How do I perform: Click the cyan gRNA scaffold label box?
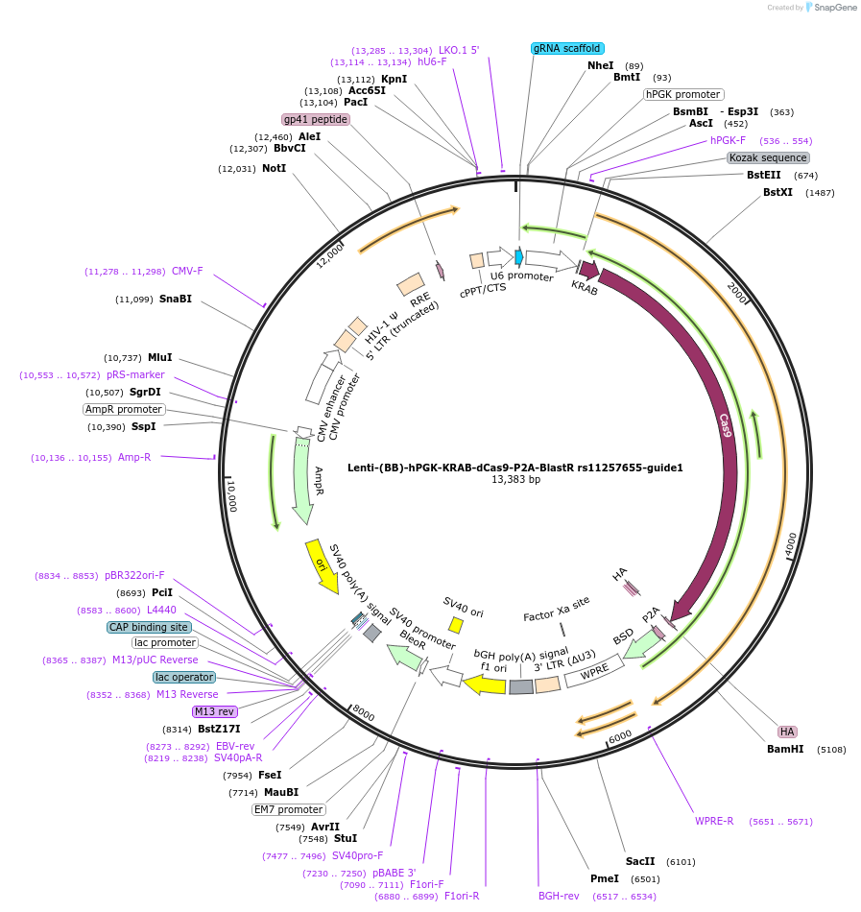[x=566, y=48]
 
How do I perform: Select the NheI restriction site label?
[x=600, y=65]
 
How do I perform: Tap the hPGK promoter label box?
[x=683, y=95]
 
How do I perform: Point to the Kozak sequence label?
[x=768, y=157]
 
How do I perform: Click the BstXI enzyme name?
[x=777, y=193]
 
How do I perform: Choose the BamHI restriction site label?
[x=785, y=749]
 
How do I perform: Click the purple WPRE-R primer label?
[x=714, y=821]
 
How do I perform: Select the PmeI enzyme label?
[x=605, y=878]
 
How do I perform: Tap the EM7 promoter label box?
[x=288, y=809]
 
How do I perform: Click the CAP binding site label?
[x=149, y=627]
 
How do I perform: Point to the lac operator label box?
[x=184, y=677]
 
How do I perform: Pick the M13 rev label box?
[x=214, y=711]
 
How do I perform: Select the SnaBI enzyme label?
[x=176, y=299]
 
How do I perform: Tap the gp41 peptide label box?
[x=315, y=120]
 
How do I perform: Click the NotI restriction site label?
[x=274, y=168]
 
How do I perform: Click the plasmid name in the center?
[x=515, y=468]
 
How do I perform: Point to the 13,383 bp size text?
[x=515, y=479]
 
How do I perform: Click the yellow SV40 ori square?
[x=456, y=625]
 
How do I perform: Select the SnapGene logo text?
[x=832, y=8]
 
